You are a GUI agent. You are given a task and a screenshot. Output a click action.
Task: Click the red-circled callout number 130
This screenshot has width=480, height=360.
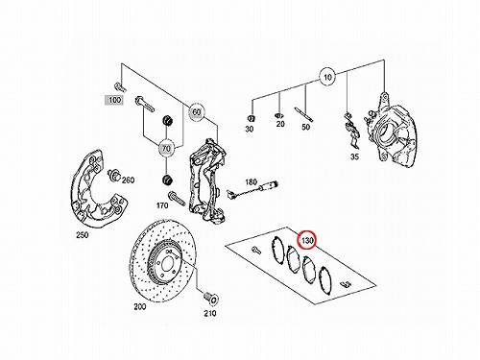click(307, 240)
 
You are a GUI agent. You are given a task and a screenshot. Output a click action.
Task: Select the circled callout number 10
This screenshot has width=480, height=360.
click(327, 77)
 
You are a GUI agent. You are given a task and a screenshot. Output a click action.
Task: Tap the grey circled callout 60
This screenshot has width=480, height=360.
click(196, 111)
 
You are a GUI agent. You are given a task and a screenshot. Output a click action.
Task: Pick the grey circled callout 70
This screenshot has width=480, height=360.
click(166, 149)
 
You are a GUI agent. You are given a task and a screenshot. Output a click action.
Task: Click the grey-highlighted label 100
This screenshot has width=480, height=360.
click(114, 100)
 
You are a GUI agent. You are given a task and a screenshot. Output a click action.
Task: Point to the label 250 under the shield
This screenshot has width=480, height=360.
click(83, 235)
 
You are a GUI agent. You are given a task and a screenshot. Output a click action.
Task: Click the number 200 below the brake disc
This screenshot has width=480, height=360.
click(140, 306)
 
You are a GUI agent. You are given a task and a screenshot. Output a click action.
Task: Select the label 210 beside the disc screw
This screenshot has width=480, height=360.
click(210, 313)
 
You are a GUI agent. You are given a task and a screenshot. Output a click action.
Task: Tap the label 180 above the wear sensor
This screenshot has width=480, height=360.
click(251, 182)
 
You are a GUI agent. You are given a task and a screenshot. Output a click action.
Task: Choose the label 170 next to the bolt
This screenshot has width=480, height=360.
click(162, 205)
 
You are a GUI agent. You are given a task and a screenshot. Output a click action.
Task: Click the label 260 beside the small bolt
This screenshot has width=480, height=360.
click(128, 180)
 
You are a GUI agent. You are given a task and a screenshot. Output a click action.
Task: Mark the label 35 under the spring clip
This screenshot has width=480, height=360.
click(354, 156)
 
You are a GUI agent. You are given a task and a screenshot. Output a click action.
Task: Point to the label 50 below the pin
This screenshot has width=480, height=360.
click(306, 127)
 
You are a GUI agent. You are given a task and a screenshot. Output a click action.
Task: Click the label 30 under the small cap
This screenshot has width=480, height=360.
click(249, 129)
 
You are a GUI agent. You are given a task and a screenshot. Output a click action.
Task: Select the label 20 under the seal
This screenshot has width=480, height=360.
click(280, 124)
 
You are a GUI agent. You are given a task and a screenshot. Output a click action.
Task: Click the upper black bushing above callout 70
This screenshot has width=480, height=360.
click(166, 121)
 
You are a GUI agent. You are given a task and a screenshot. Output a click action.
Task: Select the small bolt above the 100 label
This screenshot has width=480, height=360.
click(119, 87)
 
